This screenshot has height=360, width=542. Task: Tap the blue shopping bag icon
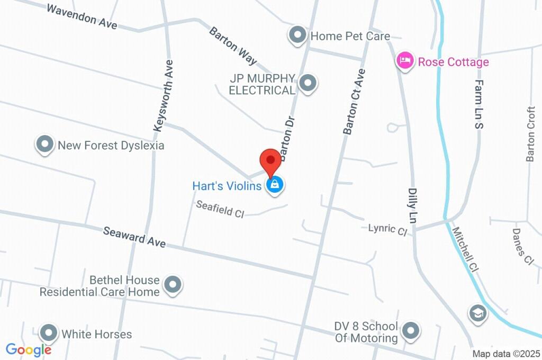coord(274,185)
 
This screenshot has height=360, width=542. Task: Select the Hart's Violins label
coord(227,186)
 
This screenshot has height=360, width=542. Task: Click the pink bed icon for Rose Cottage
coord(405,60)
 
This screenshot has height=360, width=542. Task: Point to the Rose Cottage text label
coord(453,62)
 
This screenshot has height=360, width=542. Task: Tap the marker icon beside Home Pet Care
coord(298,35)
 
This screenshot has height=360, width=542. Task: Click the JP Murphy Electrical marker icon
coord(307,83)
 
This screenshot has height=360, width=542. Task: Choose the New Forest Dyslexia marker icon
coord(45,144)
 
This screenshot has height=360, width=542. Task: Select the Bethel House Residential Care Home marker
coord(172,285)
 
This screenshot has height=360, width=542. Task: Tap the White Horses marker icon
coord(49,333)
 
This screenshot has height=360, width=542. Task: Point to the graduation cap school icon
coord(478,313)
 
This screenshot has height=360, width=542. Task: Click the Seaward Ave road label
coord(134,237)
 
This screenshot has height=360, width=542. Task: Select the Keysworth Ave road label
coord(163,95)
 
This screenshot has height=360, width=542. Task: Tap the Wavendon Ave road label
coord(82,16)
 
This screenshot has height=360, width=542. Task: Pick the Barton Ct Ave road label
coord(354,101)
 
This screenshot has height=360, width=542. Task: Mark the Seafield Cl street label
coord(220,209)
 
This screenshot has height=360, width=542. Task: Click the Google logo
coord(29,349)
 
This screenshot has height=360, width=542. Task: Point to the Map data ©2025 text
coord(506,354)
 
